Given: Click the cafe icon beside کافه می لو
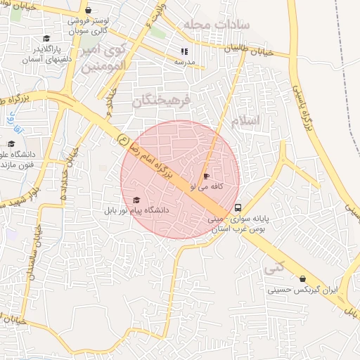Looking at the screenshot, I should [x=205, y=176].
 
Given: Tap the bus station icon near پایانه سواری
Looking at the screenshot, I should [x=238, y=208].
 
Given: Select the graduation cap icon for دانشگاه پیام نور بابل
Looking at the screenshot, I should [x=136, y=200].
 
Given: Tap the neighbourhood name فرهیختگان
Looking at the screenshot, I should [x=161, y=101].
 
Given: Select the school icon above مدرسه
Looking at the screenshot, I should [x=184, y=51].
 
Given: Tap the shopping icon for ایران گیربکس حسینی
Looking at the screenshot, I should [x=302, y=279].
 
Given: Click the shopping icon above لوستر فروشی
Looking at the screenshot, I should [x=87, y=11].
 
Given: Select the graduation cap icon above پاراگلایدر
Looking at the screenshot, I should [x=46, y=39].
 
